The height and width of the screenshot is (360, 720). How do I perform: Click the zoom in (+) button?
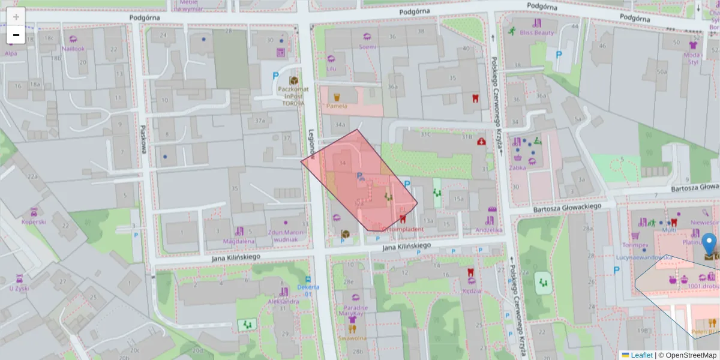coord(16,17)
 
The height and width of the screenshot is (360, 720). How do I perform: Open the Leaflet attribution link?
coord(641,355)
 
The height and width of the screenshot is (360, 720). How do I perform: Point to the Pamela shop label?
coord(337,106)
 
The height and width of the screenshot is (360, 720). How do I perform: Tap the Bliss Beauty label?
coord(536,32)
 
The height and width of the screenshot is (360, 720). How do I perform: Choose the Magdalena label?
coord(239,241)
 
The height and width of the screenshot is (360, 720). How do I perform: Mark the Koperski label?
coord(34,221)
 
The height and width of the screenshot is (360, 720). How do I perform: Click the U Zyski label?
coord(19,288)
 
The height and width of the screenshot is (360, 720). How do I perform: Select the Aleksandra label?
coord(283,301)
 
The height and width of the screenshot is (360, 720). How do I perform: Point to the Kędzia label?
coord(472,291)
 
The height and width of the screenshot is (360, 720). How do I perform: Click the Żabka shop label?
coord(517,167)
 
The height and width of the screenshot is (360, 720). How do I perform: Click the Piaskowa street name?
coord(143,139)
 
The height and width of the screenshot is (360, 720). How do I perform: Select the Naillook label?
coord(73,49)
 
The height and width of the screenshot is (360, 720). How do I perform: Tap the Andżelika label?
coord(488,229)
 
